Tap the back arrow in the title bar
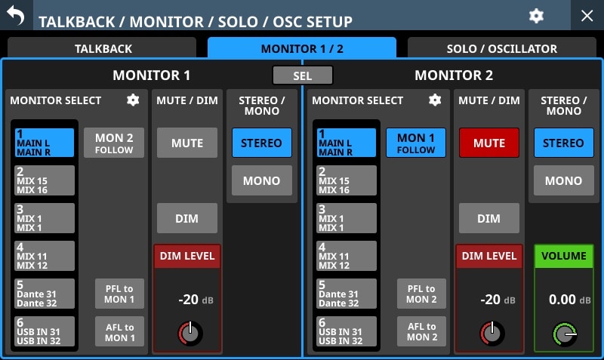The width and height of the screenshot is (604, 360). coord(16,15)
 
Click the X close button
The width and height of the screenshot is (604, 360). coord(587,16)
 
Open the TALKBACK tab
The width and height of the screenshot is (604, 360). coord(102,48)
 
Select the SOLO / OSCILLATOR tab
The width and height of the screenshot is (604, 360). coord(501,48)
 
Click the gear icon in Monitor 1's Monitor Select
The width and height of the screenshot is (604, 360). coord(133,100)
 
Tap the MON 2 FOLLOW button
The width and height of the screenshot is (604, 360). coord(114,143)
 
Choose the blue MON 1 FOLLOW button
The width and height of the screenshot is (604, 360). coord(416,143)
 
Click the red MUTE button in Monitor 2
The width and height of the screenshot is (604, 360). coord(489,143)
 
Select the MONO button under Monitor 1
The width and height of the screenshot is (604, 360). coord(262,180)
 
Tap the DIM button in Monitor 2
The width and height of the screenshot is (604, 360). coord(489,218)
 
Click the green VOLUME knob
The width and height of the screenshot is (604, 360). coord(564,334)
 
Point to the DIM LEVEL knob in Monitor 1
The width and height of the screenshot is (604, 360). coord(190,333)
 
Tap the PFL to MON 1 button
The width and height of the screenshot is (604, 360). coord(119,294)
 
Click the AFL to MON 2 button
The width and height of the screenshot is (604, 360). coord(422,331)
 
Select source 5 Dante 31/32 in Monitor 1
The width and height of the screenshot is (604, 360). coord(45,294)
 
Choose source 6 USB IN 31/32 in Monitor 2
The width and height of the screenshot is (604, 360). coord(347,331)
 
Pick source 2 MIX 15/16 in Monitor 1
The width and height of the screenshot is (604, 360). coord(45,180)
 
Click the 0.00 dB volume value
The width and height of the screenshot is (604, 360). coord(569,300)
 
